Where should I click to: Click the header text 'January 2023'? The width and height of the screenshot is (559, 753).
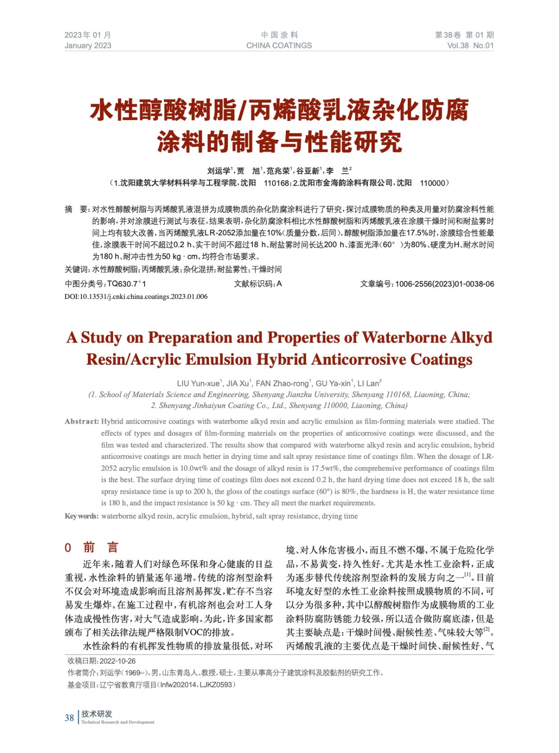tap(88, 46)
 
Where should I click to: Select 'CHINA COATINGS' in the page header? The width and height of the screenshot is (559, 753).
tap(279, 46)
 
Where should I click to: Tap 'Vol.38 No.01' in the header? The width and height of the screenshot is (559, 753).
tap(470, 46)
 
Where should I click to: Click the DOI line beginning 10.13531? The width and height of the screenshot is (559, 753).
tap(136, 296)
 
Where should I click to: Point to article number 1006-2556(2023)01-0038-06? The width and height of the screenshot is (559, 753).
tap(445, 284)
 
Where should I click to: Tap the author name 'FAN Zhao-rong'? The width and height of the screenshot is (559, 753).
tap(282, 384)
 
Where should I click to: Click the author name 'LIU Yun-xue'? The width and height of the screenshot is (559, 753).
tap(198, 384)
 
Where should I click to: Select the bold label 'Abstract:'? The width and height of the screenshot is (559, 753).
tap(81, 421)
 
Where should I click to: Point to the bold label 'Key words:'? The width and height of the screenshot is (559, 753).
tap(81, 516)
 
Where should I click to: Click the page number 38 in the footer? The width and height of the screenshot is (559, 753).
tap(69, 718)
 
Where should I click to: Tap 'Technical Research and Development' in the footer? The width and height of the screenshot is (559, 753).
tap(118, 722)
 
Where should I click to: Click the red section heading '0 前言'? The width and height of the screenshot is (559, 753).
tap(91, 547)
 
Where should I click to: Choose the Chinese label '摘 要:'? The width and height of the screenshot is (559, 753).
tap(77, 209)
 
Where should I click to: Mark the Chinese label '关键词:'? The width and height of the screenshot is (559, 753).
tap(77, 269)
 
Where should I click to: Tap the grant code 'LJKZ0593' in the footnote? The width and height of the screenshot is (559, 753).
tap(216, 684)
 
